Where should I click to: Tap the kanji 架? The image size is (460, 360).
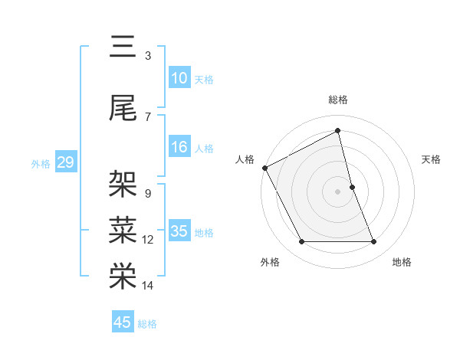pyautogui.click(x=123, y=184)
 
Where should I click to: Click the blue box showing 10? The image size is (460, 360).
pyautogui.click(x=179, y=78)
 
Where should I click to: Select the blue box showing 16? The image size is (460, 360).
pyautogui.click(x=179, y=147)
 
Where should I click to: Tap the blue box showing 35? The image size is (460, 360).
pyautogui.click(x=179, y=231)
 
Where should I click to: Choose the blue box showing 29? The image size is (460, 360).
pyautogui.click(x=65, y=162)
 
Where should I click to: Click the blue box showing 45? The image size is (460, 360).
pyautogui.click(x=123, y=322)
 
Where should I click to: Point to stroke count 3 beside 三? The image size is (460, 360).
pyautogui.click(x=148, y=56)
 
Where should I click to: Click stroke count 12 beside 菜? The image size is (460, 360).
pyautogui.click(x=148, y=240)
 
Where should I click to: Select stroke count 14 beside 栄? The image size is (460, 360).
pyautogui.click(x=148, y=286)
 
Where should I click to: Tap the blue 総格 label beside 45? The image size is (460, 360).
pyautogui.click(x=147, y=324)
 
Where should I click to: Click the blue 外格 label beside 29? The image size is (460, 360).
pyautogui.click(x=40, y=164)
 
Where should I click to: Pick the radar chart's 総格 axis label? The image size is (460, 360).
pyautogui.click(x=338, y=100)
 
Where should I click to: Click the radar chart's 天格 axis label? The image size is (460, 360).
pyautogui.click(x=432, y=159)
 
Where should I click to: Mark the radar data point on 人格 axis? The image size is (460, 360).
pyautogui.click(x=264, y=167)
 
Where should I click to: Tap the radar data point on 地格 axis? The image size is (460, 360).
pyautogui.click(x=374, y=242)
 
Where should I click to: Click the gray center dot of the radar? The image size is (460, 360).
pyautogui.click(x=338, y=191)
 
